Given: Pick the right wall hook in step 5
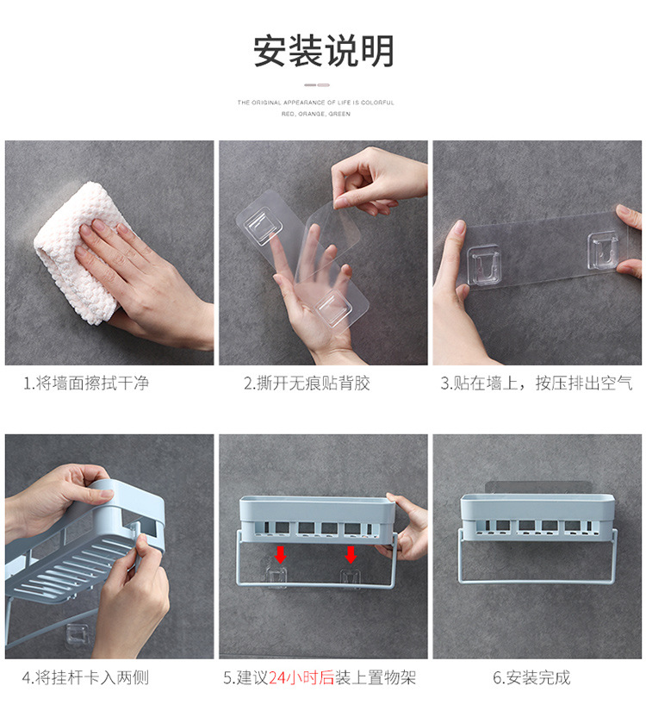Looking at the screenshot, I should (350, 578).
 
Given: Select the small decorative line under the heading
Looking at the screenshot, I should (317, 85).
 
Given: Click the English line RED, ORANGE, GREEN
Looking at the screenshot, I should (315, 114).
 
